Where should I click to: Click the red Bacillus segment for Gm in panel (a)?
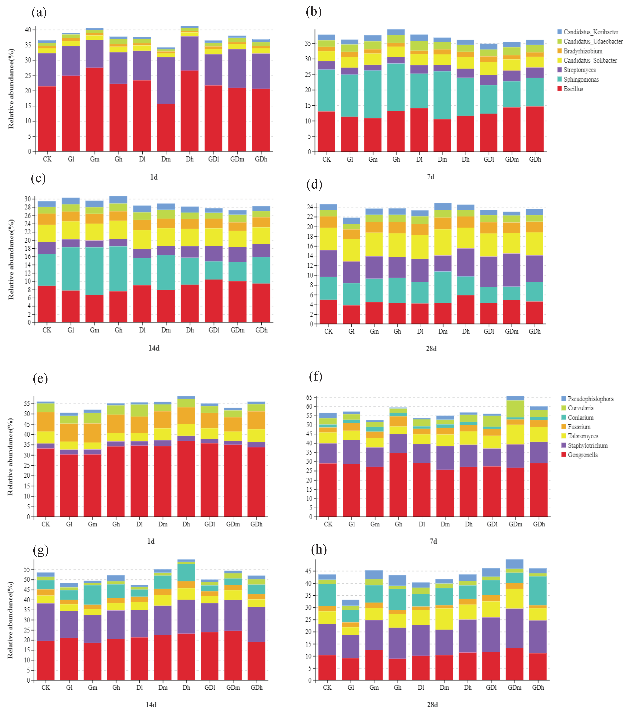tap(95, 109)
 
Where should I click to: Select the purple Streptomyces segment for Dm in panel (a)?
tap(166, 80)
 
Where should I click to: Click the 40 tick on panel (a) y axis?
tap(28, 30)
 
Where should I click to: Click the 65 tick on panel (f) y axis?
tap(309, 398)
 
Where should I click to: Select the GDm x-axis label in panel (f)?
tap(515, 524)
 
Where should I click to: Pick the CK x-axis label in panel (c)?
tap(47, 330)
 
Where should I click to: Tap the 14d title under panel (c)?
tap(154, 348)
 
